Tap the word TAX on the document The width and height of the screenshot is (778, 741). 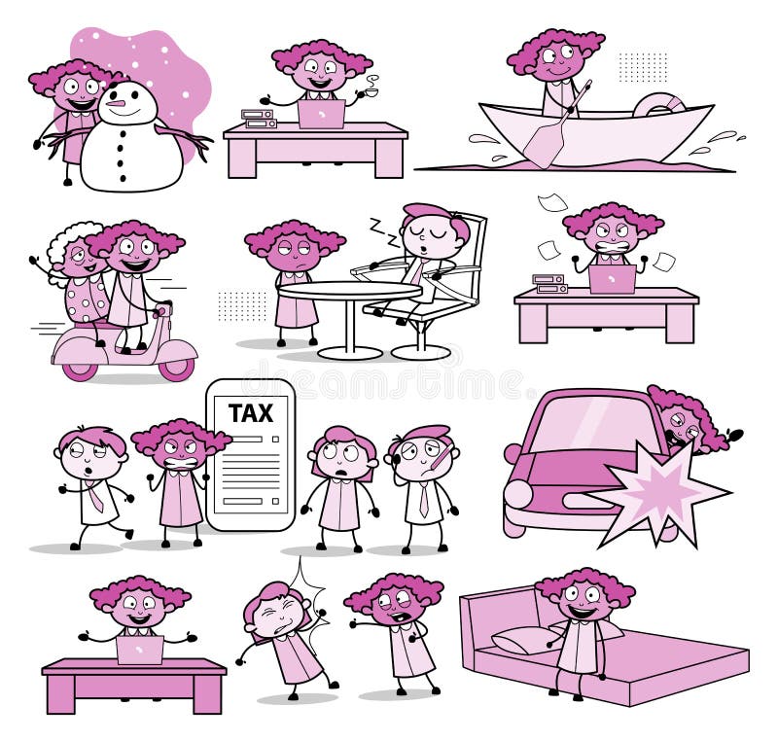pyautogui.click(x=250, y=413)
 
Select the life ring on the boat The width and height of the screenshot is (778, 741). pyautogui.click(x=658, y=104)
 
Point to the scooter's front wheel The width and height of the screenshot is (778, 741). pyautogui.click(x=177, y=367)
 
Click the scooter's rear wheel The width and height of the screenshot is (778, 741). pyautogui.click(x=78, y=368)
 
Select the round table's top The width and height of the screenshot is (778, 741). pyautogui.click(x=349, y=291)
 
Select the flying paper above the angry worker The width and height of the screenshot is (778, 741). pyautogui.click(x=552, y=202)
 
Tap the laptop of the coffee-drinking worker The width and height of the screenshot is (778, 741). pyautogui.click(x=321, y=114)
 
